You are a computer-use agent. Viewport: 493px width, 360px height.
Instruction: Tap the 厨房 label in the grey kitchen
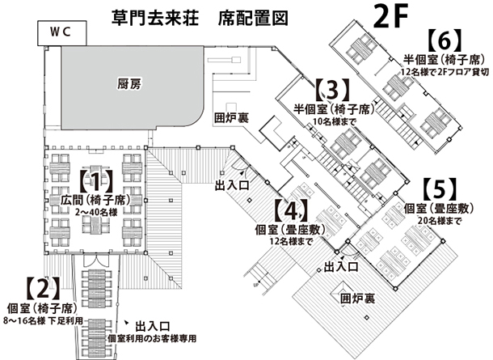point(129,83)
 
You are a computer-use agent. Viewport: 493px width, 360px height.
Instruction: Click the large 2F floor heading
point(390,16)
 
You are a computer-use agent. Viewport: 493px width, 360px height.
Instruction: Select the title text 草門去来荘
point(155,18)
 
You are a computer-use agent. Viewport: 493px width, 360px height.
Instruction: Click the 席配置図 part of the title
point(253,18)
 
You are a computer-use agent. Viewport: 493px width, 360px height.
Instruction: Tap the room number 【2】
point(43,288)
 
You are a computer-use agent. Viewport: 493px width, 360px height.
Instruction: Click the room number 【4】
point(290,210)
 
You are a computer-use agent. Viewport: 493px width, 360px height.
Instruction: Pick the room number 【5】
point(440,189)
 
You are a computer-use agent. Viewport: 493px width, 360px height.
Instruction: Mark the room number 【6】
point(445,41)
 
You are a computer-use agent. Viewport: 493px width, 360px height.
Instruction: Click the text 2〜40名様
point(96,212)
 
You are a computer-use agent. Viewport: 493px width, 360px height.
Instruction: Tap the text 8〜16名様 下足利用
point(43,320)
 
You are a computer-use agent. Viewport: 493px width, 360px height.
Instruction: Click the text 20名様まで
point(440,221)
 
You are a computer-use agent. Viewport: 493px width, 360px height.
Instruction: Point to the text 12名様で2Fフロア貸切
point(445,72)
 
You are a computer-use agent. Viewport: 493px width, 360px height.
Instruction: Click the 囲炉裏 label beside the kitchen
point(232,117)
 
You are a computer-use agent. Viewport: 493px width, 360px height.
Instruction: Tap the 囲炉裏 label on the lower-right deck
point(357,299)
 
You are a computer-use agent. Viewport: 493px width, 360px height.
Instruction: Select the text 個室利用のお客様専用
point(152,339)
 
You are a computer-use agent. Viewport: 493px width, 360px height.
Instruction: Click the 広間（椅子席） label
point(95,201)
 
